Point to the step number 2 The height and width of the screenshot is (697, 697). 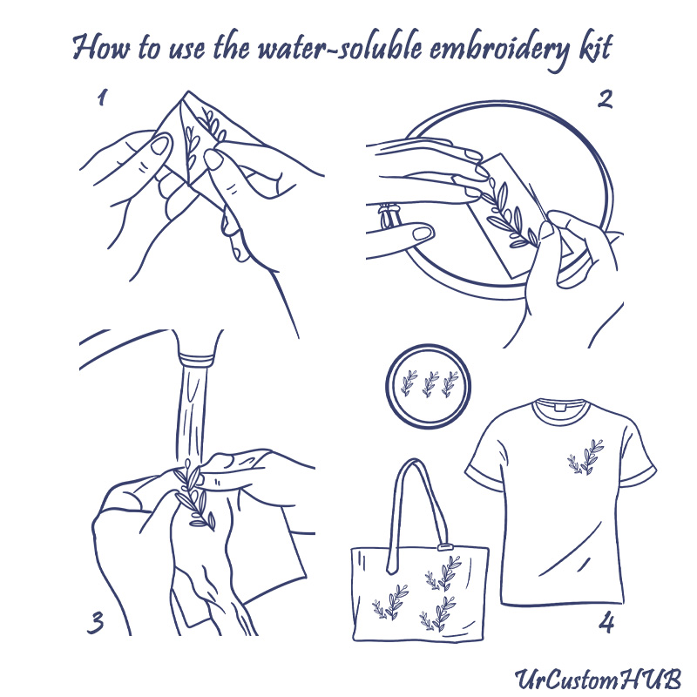pyautogui.click(x=604, y=98)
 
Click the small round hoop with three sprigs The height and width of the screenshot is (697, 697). pyautogui.click(x=428, y=384)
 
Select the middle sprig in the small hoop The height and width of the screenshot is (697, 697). pyautogui.click(x=429, y=383)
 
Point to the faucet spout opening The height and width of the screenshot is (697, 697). pyautogui.click(x=197, y=358)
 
